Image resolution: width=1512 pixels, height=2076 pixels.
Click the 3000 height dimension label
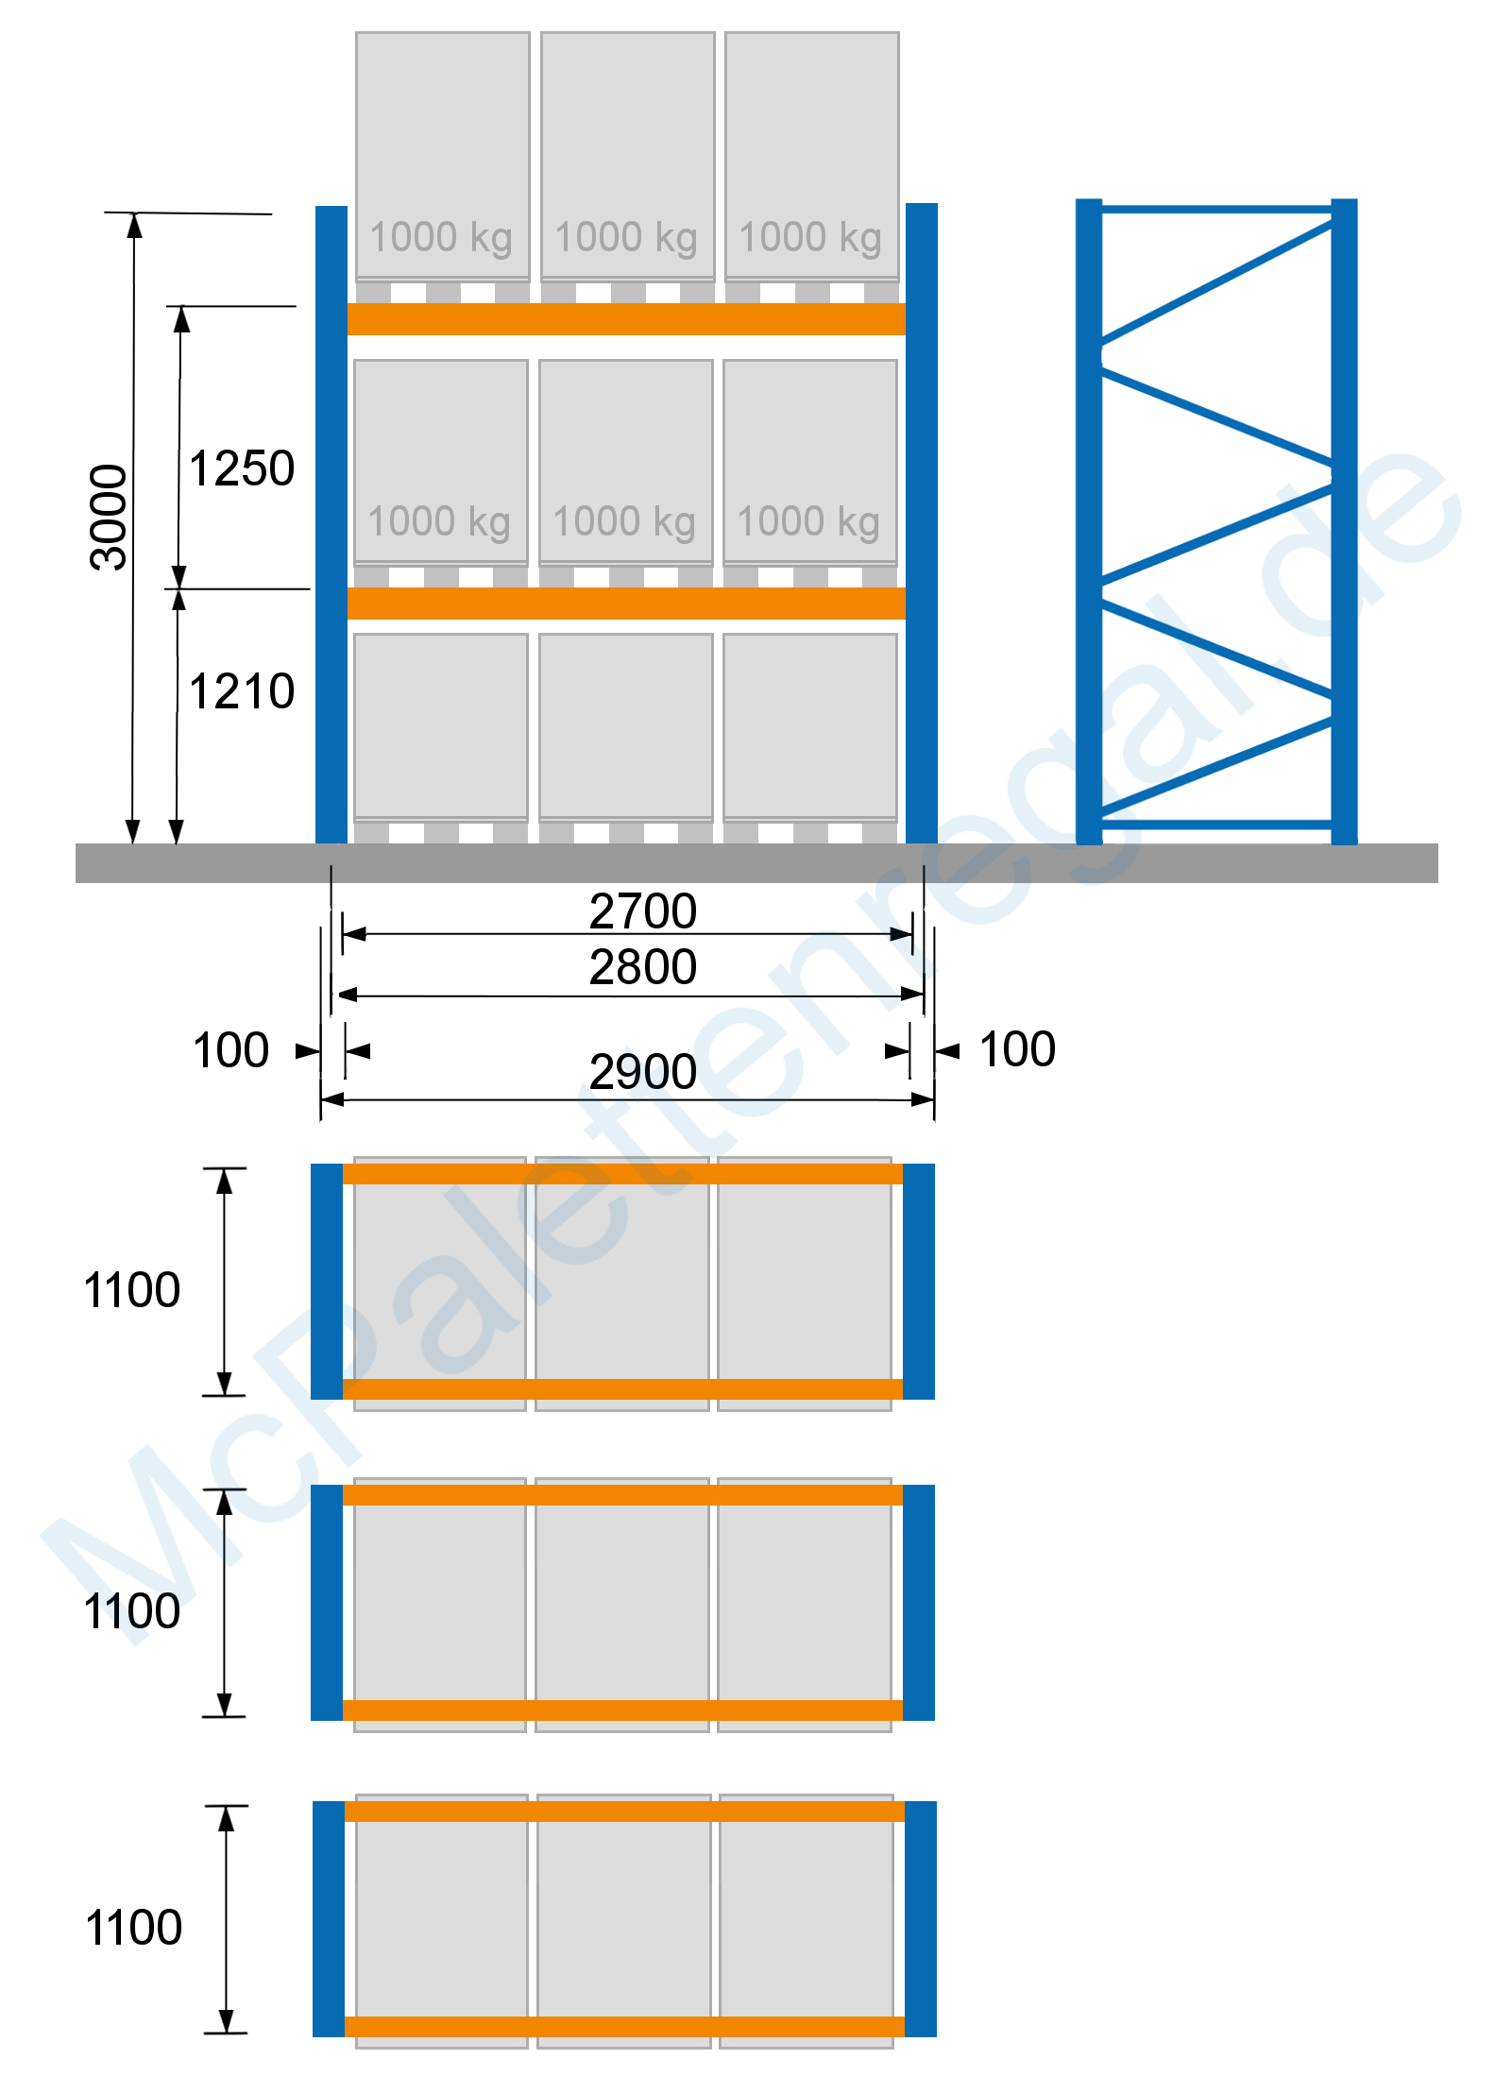109,518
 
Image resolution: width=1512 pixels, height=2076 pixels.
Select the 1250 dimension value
242,468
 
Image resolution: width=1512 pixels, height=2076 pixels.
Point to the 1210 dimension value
242,691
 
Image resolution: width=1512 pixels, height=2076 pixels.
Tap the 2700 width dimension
643,911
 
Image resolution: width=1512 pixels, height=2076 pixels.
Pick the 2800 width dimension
643,967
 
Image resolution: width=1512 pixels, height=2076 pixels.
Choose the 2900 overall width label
643,1072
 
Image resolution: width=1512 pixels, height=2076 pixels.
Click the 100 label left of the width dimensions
230,1050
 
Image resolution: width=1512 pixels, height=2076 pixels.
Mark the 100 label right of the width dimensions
1017,1049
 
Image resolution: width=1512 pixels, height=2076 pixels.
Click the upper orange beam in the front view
626,319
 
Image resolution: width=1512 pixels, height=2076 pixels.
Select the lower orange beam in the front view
626,604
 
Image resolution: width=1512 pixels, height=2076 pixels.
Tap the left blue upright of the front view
331,524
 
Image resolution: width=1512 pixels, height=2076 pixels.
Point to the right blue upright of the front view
922,523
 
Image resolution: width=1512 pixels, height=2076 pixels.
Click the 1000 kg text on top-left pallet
441,238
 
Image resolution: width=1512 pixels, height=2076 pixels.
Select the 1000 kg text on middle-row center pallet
624,522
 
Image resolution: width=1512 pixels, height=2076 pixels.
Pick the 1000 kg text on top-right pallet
810,238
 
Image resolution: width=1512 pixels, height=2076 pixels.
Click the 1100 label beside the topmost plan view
132,1290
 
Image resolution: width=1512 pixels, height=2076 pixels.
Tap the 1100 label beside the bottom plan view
134,1928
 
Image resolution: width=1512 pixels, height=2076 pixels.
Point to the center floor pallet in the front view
626,738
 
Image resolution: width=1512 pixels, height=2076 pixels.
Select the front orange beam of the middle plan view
622,1710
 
